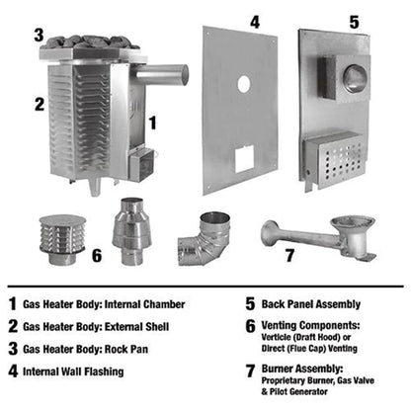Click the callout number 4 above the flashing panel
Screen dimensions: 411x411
[x=255, y=20]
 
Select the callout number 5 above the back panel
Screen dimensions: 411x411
[x=357, y=20]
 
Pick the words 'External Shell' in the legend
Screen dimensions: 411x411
[x=162, y=328]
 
